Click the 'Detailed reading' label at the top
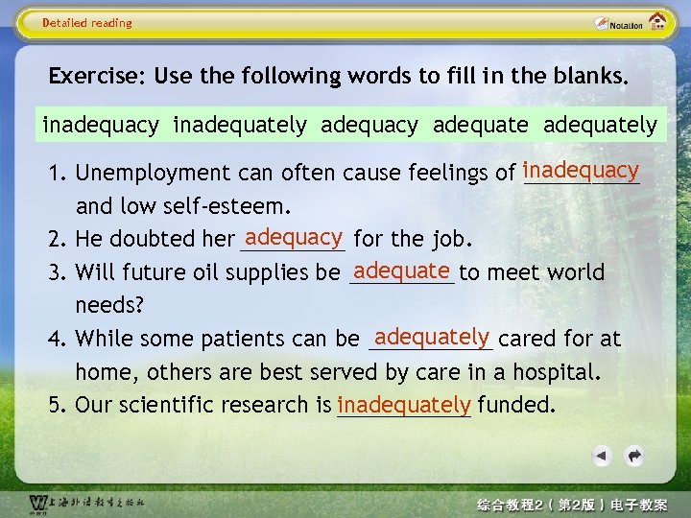87,23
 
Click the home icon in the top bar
658,22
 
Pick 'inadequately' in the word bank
240,125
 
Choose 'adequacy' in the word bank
369,125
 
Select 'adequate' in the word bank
480,125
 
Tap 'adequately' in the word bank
600,125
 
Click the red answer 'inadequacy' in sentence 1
581,170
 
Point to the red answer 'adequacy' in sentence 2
294,236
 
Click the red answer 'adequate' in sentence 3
401,270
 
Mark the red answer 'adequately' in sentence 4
432,336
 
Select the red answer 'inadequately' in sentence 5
403,404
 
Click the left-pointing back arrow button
602,455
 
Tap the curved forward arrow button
633,455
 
